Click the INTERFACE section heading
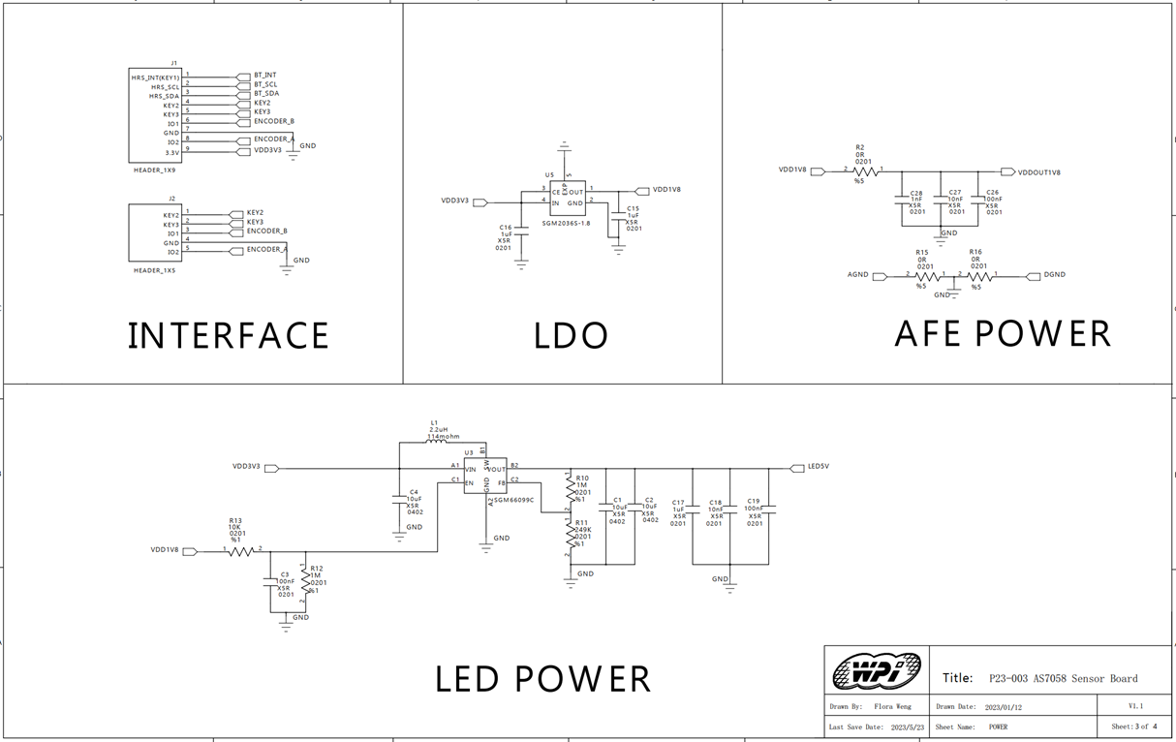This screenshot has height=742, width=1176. pyautogui.click(x=229, y=335)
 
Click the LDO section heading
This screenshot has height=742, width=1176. pyautogui.click(x=571, y=335)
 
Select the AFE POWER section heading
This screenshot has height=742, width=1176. pyautogui.click(x=1002, y=333)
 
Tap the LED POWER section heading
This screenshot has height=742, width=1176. pyautogui.click(x=542, y=678)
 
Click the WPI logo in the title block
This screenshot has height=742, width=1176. pyautogui.click(x=877, y=670)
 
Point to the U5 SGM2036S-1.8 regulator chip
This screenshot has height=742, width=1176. pyautogui.click(x=568, y=198)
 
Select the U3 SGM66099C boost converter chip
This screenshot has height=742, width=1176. pyautogui.click(x=484, y=476)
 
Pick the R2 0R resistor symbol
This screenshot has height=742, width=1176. pyautogui.click(x=864, y=171)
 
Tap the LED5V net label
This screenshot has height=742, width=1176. pyautogui.click(x=819, y=467)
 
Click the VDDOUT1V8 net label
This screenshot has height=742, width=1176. pyautogui.click(x=1038, y=172)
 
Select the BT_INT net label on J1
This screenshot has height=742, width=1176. pyautogui.click(x=264, y=75)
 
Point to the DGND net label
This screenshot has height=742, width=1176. pyautogui.click(x=1054, y=275)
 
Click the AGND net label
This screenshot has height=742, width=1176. pyautogui.click(x=857, y=275)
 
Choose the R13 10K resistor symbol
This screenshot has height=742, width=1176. pyautogui.click(x=240, y=551)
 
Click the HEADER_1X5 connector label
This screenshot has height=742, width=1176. pyautogui.click(x=155, y=270)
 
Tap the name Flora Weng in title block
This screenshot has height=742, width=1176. pyautogui.click(x=892, y=706)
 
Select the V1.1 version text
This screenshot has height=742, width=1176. pyautogui.click(x=1135, y=706)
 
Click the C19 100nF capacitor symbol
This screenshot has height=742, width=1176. pyautogui.click(x=768, y=509)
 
